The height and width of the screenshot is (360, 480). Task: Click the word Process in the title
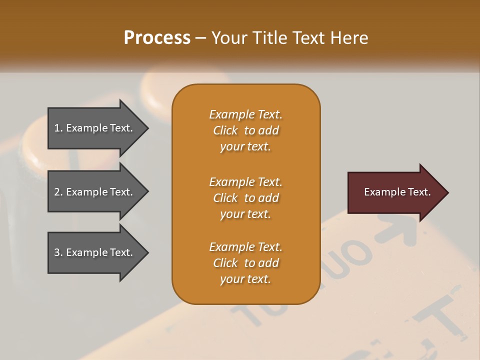(x=157, y=38)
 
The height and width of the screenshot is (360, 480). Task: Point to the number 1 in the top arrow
(x=57, y=128)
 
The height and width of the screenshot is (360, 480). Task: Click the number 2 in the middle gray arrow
(x=57, y=192)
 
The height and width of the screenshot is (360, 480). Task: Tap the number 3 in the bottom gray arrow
(x=57, y=252)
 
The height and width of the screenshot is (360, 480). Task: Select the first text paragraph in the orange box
(x=245, y=130)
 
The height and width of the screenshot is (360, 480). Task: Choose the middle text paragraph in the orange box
(x=245, y=197)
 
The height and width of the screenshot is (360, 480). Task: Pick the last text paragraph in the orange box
(x=245, y=263)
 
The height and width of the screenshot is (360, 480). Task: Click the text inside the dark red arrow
(x=397, y=192)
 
